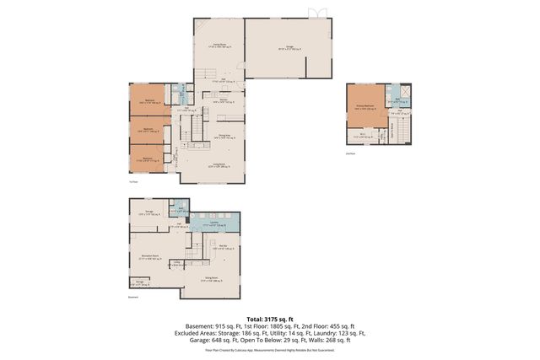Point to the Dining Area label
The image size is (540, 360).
(225, 135)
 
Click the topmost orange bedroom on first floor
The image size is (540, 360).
(148, 101)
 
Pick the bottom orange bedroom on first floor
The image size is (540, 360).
(147, 158)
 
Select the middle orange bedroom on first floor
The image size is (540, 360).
(148, 130)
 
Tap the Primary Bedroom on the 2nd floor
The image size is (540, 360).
(364, 107)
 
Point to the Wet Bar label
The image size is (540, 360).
(218, 248)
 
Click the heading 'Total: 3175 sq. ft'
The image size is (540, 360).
(270, 319)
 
